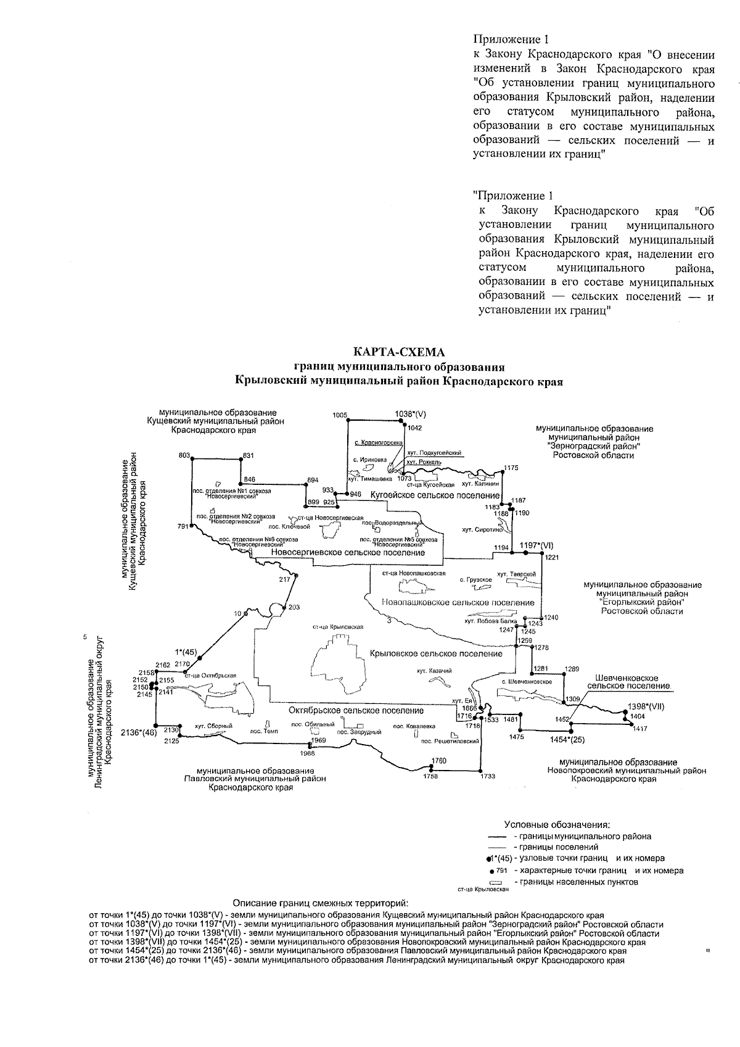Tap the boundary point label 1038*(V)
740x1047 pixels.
point(411,415)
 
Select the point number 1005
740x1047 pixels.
point(340,415)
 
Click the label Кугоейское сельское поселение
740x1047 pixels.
point(434,495)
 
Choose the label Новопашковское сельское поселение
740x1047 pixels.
point(458,602)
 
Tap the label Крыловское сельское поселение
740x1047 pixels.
point(436,653)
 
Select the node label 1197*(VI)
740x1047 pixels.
point(536,545)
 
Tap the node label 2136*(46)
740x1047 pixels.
point(139,732)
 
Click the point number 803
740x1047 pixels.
point(184,455)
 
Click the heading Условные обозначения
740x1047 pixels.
point(557,824)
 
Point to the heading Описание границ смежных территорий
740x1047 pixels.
point(320,903)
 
